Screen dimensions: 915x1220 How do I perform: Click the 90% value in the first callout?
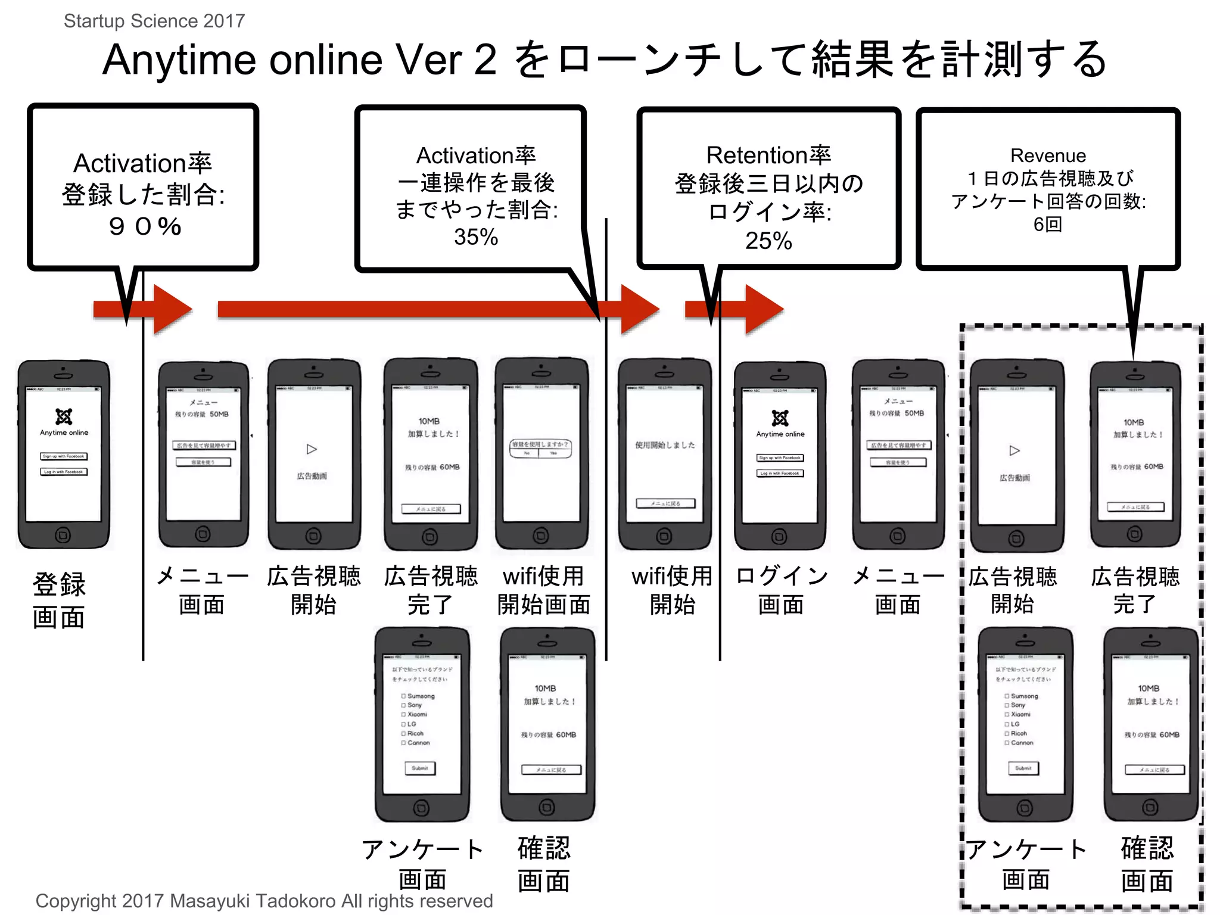pos(145,226)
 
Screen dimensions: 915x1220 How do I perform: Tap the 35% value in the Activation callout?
pos(475,237)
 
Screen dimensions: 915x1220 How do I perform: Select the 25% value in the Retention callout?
pos(768,241)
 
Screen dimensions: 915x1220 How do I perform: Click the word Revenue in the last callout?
pos(1048,155)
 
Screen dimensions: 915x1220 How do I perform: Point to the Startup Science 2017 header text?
pos(154,21)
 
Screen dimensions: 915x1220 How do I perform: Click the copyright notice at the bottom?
pos(264,901)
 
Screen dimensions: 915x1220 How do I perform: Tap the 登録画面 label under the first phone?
pos(59,600)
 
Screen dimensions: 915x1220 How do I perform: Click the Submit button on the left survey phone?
pos(420,768)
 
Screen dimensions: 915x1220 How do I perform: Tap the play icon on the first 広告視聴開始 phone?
pos(312,449)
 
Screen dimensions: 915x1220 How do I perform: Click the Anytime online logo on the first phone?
pos(64,416)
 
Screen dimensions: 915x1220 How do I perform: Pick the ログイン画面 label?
pos(781,590)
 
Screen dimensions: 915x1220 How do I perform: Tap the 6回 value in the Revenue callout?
pos(1047,225)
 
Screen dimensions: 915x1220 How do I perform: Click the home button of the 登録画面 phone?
pos(63,535)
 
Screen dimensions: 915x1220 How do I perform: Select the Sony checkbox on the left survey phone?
pos(404,705)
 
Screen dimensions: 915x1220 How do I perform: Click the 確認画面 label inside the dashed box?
pos(1147,864)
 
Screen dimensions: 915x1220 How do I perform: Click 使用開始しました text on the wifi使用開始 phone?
pos(665,445)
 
